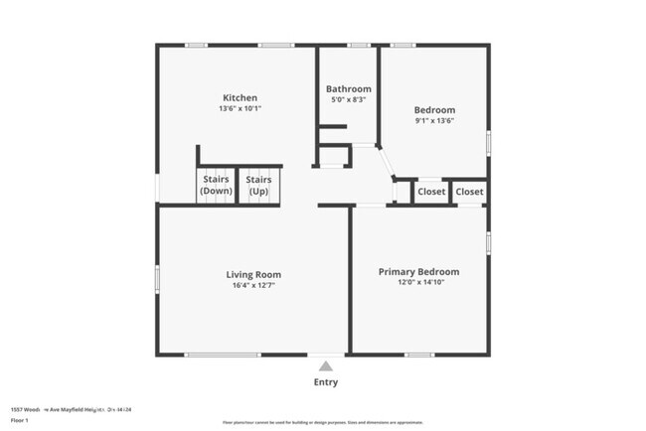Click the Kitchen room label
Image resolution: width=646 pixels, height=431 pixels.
240,98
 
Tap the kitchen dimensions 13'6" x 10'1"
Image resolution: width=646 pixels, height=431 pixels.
240,109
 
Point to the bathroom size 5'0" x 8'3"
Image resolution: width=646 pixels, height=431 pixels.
349,99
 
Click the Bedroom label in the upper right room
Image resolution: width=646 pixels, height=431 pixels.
434,110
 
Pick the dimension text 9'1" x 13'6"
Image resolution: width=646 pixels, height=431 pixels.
434,121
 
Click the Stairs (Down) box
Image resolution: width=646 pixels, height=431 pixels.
217,185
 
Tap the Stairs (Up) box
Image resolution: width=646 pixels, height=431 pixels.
258,185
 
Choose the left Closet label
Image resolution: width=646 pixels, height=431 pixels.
431,192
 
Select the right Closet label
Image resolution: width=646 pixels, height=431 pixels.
469,192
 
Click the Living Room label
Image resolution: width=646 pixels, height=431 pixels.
253,275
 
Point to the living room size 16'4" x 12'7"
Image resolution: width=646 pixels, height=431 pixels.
253,286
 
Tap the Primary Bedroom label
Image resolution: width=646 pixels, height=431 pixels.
418,271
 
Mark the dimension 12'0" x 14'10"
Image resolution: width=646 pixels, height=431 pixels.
418,283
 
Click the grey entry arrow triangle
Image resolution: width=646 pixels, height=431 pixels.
325,365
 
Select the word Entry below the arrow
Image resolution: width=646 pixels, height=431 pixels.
325,382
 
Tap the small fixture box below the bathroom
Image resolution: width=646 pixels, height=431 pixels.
334,156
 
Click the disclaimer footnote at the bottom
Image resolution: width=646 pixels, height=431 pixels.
323,422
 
